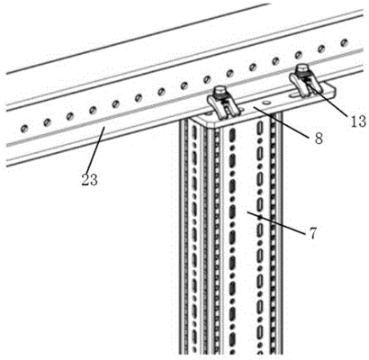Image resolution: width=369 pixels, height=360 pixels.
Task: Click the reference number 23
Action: pos(90,180)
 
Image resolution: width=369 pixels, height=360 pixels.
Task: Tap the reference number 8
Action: pos(319,139)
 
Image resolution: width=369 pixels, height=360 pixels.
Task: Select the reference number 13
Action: pos(358,121)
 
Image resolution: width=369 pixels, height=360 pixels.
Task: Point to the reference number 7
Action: pos(312,234)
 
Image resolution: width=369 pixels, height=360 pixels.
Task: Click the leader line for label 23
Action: pos(95,149)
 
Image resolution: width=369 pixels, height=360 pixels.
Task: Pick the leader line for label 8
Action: pos(281,121)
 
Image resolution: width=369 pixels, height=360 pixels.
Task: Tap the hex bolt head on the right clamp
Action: pos(301,68)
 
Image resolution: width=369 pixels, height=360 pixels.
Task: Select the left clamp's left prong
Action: pos(213,107)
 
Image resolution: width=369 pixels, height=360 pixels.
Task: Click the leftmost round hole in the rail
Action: pos(24,129)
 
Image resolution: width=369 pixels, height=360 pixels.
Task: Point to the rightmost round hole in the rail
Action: pos(344,42)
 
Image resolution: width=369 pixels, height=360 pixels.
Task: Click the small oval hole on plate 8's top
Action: pos(265,103)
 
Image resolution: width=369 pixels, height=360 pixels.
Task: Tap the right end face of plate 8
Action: pos(332,92)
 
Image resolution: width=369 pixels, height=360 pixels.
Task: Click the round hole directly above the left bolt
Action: pos(207,80)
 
